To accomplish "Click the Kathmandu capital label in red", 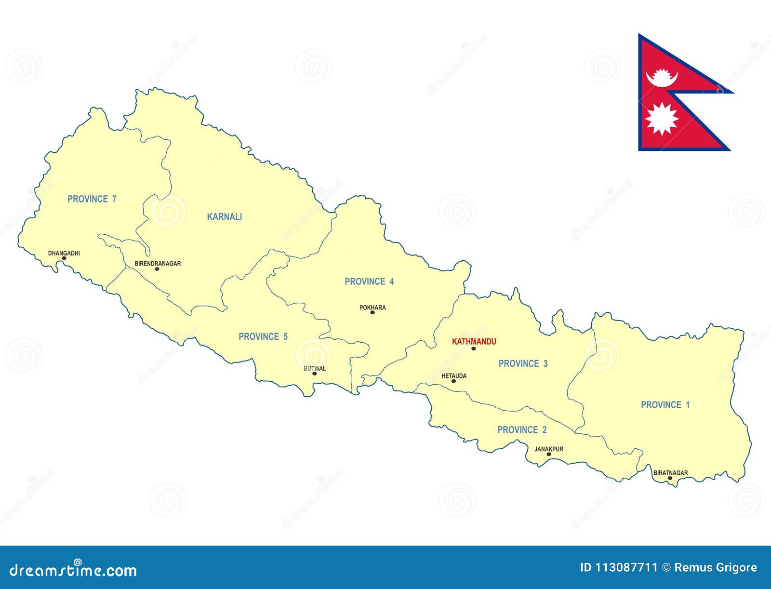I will click(474, 342).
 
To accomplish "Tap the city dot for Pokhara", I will click(372, 312).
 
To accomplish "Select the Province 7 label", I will click(92, 199).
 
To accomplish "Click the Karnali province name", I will click(225, 217).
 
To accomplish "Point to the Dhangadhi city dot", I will click(64, 258).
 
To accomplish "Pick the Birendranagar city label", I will click(158, 264).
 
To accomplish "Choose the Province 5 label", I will click(263, 336).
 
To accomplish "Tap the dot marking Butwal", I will click(315, 374).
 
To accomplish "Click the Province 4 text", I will click(369, 281).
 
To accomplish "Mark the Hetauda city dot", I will click(453, 381).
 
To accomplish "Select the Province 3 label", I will click(523, 364).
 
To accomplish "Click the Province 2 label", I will click(522, 430).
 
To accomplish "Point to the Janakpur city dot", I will click(549, 454).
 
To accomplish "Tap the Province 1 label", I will click(665, 405).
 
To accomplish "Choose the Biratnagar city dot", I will click(670, 478).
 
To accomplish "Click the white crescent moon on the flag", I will click(661, 79).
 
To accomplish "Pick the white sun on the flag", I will click(662, 119).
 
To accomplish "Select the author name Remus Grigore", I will click(716, 568).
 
